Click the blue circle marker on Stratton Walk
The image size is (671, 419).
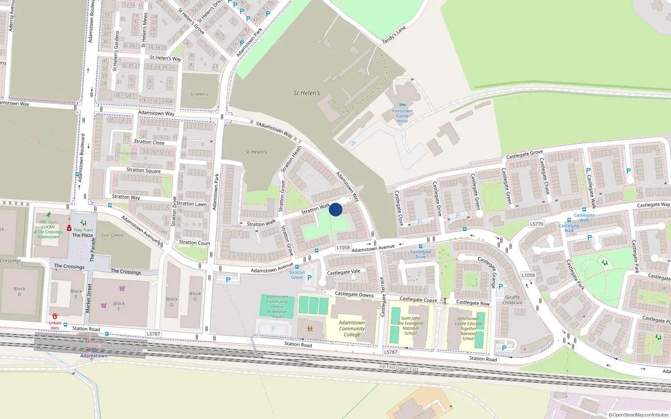coord(335,209)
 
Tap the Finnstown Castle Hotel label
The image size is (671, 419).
coord(402,116)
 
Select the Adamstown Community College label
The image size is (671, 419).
coord(352,328)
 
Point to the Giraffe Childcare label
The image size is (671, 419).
coord(512,300)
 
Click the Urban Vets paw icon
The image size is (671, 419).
coord(55,316)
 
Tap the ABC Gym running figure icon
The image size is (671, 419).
coord(49,215)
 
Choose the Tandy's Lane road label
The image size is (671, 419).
coord(394,35)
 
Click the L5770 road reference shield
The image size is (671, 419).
coord(536,224)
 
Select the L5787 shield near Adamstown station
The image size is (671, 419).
coord(153,334)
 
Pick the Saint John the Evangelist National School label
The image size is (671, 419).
coord(410,326)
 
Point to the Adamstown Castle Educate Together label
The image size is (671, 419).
coord(468,328)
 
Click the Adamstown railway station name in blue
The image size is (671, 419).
coord(94,356)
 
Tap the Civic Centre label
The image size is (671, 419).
coord(112,235)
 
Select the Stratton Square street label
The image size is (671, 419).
coord(143,170)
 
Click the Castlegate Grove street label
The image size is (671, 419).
coord(524,155)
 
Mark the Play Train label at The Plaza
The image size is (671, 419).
coord(83,230)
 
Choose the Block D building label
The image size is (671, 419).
coord(19,291)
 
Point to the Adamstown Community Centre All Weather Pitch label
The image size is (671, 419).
coord(277,306)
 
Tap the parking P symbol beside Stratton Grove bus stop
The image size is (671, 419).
coord(309,277)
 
